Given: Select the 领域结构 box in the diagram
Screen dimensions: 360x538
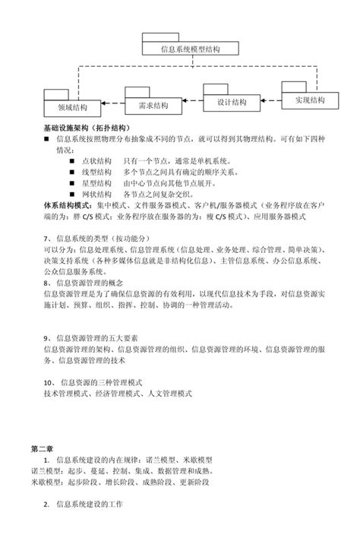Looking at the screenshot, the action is (x=71, y=107).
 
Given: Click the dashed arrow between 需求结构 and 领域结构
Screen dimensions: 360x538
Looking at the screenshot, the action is (x=111, y=106).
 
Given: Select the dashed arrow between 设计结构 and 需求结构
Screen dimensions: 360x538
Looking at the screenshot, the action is (x=191, y=103).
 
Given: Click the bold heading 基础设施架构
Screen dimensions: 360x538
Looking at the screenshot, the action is (x=66, y=127).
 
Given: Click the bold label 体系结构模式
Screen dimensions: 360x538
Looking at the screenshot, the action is (x=68, y=205).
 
